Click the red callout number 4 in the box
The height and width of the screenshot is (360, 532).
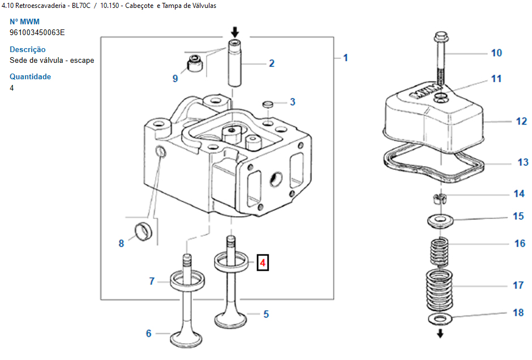click(x=263, y=263)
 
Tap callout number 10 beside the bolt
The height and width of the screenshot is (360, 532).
click(x=496, y=53)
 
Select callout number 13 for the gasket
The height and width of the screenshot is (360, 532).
click(x=523, y=162)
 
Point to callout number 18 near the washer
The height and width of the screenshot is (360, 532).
click(x=518, y=312)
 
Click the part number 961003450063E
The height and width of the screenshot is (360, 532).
click(x=37, y=33)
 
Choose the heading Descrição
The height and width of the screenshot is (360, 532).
click(x=28, y=50)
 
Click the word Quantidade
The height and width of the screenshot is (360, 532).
click(x=30, y=76)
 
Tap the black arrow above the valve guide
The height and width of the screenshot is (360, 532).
click(x=235, y=33)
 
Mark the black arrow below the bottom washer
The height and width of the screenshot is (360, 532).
click(x=440, y=333)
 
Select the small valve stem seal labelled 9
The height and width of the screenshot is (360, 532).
click(x=195, y=63)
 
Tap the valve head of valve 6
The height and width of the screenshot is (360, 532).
click(x=186, y=338)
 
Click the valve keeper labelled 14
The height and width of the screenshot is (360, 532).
click(x=439, y=198)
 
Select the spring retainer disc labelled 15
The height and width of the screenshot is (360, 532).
click(x=440, y=221)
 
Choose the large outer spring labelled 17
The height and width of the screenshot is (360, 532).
click(x=439, y=290)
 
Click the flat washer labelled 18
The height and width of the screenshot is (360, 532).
click(x=440, y=319)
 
